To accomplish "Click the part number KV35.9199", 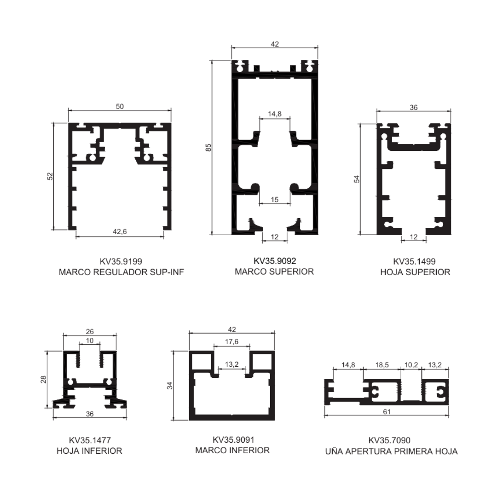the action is click(x=121, y=261).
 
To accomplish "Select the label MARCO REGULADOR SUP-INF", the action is click(x=121, y=272).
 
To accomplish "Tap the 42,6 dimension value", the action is click(x=120, y=231).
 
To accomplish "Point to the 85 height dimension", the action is click(x=208, y=147).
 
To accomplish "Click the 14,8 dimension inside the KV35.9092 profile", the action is click(x=274, y=114).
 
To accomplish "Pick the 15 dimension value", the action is click(x=274, y=200).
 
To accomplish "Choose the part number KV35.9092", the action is click(x=275, y=261).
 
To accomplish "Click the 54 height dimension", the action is click(x=357, y=179).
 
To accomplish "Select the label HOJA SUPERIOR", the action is click(x=415, y=272).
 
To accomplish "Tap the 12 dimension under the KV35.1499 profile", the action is click(x=414, y=237).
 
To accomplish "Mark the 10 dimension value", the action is click(x=90, y=341).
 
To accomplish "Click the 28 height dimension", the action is click(x=43, y=379).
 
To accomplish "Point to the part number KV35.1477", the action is click(x=90, y=440).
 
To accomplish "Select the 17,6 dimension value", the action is click(x=231, y=341).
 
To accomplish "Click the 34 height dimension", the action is click(x=170, y=386).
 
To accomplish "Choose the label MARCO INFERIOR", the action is click(x=232, y=451).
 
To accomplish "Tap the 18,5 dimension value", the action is click(x=382, y=365).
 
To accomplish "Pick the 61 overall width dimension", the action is click(x=387, y=412).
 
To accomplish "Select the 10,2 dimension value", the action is click(x=411, y=365).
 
